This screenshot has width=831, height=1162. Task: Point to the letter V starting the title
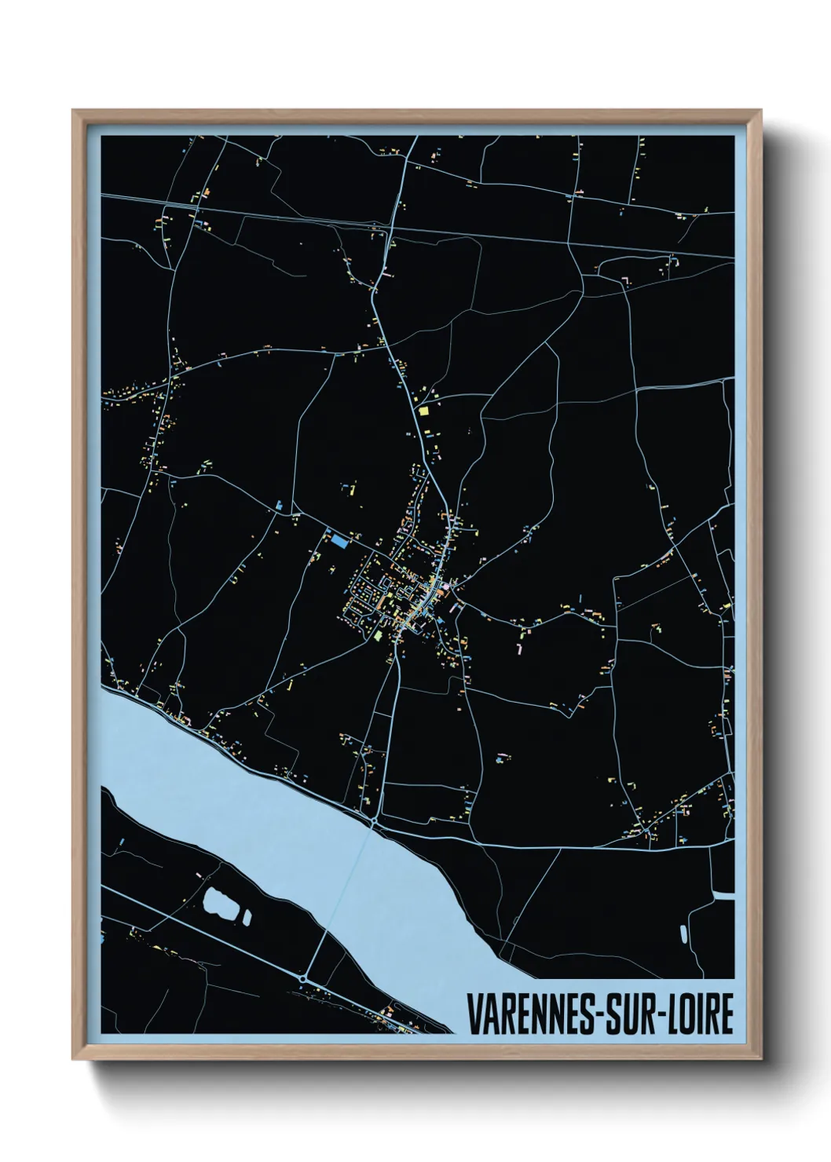tap(475, 1014)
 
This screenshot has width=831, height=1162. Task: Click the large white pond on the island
tap(221, 904)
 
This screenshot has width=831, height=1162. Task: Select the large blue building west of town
tap(339, 540)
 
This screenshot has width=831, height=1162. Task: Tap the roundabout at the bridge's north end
tap(375, 820)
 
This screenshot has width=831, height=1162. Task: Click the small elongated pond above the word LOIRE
tap(683, 934)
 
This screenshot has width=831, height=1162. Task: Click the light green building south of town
tap(376, 634)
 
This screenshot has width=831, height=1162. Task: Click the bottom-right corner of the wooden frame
tap(760, 1058)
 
